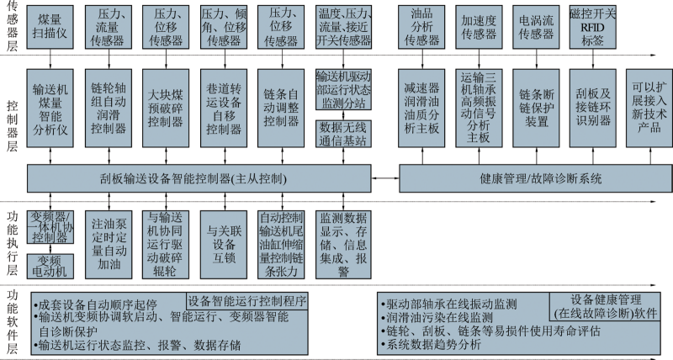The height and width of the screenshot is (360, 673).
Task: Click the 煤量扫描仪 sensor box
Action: coord(50,27)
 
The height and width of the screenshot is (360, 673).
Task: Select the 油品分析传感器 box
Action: coord(421,27)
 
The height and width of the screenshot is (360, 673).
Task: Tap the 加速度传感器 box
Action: coord(479,27)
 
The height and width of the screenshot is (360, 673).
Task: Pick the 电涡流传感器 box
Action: coord(536,27)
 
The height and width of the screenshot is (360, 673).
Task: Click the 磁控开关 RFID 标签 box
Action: coord(593,27)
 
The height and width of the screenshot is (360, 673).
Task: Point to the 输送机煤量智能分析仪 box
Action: coord(50,109)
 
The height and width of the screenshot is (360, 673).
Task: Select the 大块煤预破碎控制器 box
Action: coord(166,109)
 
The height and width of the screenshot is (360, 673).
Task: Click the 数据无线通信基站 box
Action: coord(343,134)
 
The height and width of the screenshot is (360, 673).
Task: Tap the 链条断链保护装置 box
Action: coord(536,109)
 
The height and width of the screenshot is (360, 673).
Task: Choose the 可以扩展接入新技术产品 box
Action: coord(649,109)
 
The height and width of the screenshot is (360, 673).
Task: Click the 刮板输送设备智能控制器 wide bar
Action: coord(199,178)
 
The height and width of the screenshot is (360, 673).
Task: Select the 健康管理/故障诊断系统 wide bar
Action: coord(536,178)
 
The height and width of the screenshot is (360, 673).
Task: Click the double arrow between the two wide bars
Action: coord(385,178)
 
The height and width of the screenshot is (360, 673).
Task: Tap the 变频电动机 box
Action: coord(50,266)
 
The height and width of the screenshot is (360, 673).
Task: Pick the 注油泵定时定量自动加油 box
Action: coord(109,244)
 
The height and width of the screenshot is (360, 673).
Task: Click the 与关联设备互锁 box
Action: coord(224,244)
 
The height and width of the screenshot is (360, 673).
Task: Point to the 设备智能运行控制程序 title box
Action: coord(247,301)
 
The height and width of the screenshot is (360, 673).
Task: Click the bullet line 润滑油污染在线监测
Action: coord(437,318)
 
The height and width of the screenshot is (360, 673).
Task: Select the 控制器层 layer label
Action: coord(12,125)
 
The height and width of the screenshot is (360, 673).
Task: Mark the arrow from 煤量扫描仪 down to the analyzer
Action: coord(50,59)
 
